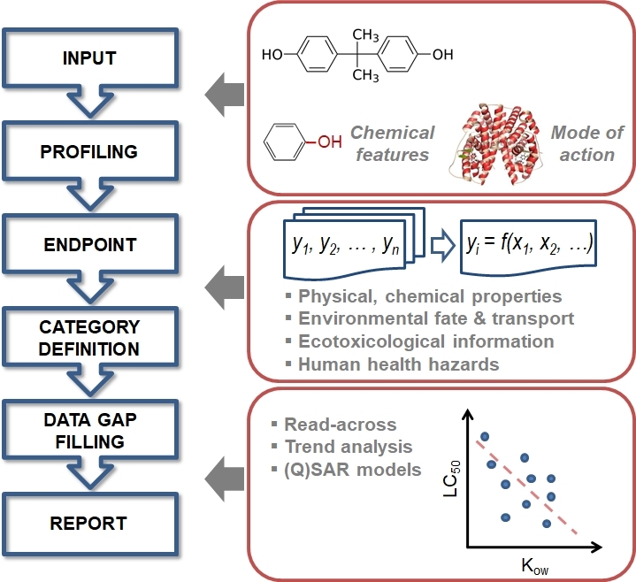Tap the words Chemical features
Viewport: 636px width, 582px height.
pos(392,143)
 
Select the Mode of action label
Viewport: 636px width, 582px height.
pos(582,143)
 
